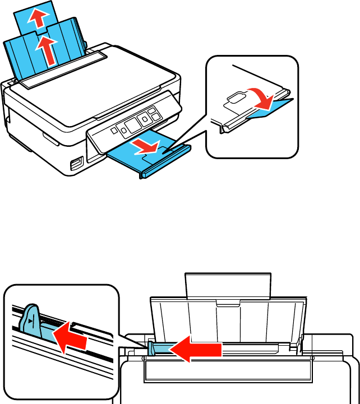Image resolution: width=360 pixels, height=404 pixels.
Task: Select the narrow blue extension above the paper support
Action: [x=39, y=17]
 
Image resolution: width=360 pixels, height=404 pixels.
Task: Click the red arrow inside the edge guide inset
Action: [x=70, y=340]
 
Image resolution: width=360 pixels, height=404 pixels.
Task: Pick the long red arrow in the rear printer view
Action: [x=196, y=351]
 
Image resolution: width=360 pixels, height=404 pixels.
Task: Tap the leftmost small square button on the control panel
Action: [x=112, y=130]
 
